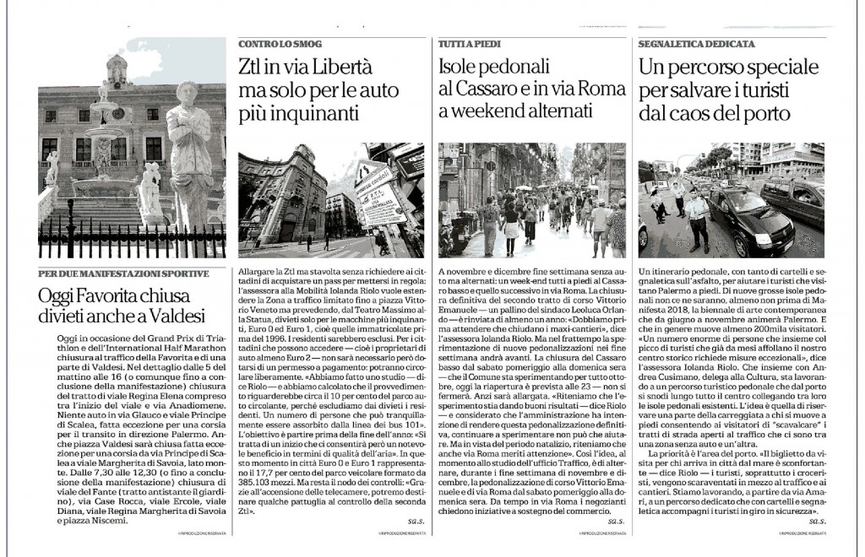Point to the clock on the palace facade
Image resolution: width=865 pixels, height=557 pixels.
pyautogui.click(x=117, y=112)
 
